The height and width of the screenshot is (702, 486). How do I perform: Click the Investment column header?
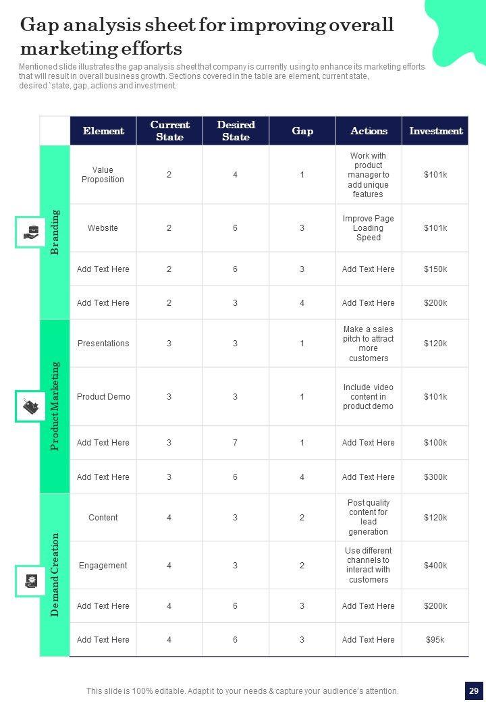[435, 131]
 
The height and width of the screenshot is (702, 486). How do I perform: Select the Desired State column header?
[236, 131]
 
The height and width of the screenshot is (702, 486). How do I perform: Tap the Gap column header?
[302, 131]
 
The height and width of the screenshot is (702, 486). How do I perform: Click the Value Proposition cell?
[103, 175]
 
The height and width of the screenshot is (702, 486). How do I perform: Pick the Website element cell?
[103, 228]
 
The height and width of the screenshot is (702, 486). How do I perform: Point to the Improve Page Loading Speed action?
[368, 228]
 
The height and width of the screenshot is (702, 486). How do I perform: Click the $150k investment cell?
[435, 269]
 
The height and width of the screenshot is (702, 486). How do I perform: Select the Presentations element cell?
[103, 344]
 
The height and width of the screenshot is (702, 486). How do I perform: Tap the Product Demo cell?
[103, 397]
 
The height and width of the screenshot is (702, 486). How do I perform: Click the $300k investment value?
[435, 477]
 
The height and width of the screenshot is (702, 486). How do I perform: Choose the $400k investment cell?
[435, 566]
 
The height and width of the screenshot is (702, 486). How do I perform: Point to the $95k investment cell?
[435, 640]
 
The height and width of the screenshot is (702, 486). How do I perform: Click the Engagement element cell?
[103, 566]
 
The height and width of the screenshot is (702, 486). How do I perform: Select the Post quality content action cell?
[368, 518]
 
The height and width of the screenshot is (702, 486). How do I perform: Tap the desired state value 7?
[236, 443]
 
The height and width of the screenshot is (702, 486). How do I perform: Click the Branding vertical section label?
[55, 232]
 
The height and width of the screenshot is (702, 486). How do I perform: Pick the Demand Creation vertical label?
[55, 574]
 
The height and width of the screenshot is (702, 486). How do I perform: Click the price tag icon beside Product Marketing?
[30, 406]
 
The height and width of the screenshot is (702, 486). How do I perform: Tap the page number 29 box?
[474, 691]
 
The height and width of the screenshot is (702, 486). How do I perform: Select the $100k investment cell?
[435, 443]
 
